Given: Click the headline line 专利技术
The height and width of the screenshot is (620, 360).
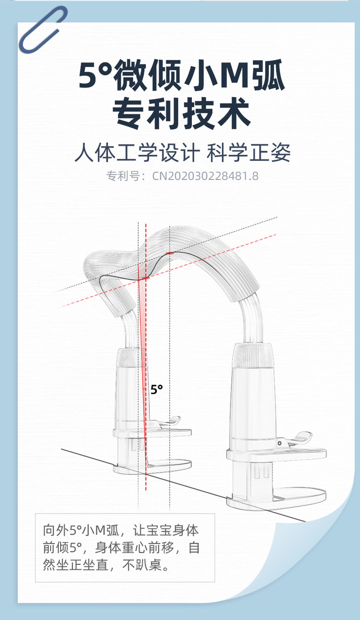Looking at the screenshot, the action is coord(181,114).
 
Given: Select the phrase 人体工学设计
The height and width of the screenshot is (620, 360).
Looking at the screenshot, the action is coord(137,153).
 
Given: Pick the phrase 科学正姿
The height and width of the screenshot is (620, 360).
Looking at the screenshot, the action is coord(248,153).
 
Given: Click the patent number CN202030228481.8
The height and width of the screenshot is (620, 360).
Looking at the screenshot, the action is coord(205,176).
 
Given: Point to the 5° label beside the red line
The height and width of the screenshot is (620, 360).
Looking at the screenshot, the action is coord(156,389).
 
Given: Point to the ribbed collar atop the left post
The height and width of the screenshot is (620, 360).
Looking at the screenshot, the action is coord(131,356).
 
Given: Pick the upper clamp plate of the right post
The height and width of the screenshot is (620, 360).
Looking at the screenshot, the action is coord(276,453).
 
